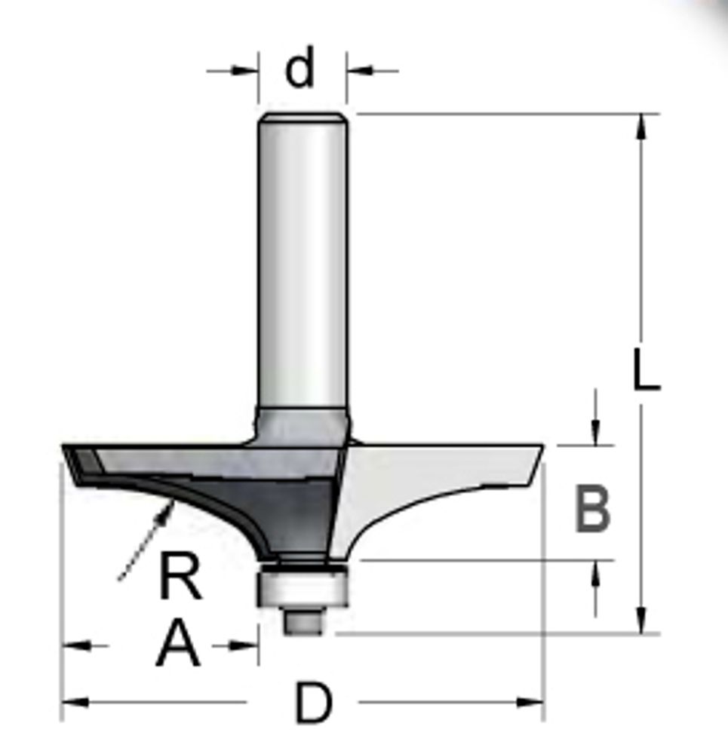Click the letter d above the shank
300,67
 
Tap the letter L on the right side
647,369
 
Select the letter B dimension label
593,509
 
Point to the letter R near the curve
180,575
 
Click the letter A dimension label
177,643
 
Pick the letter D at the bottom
313,703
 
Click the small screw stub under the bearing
303,621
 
